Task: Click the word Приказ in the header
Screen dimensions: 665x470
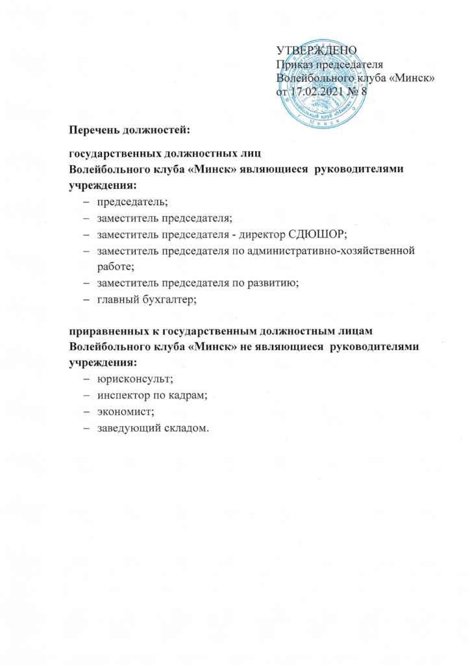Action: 295,64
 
